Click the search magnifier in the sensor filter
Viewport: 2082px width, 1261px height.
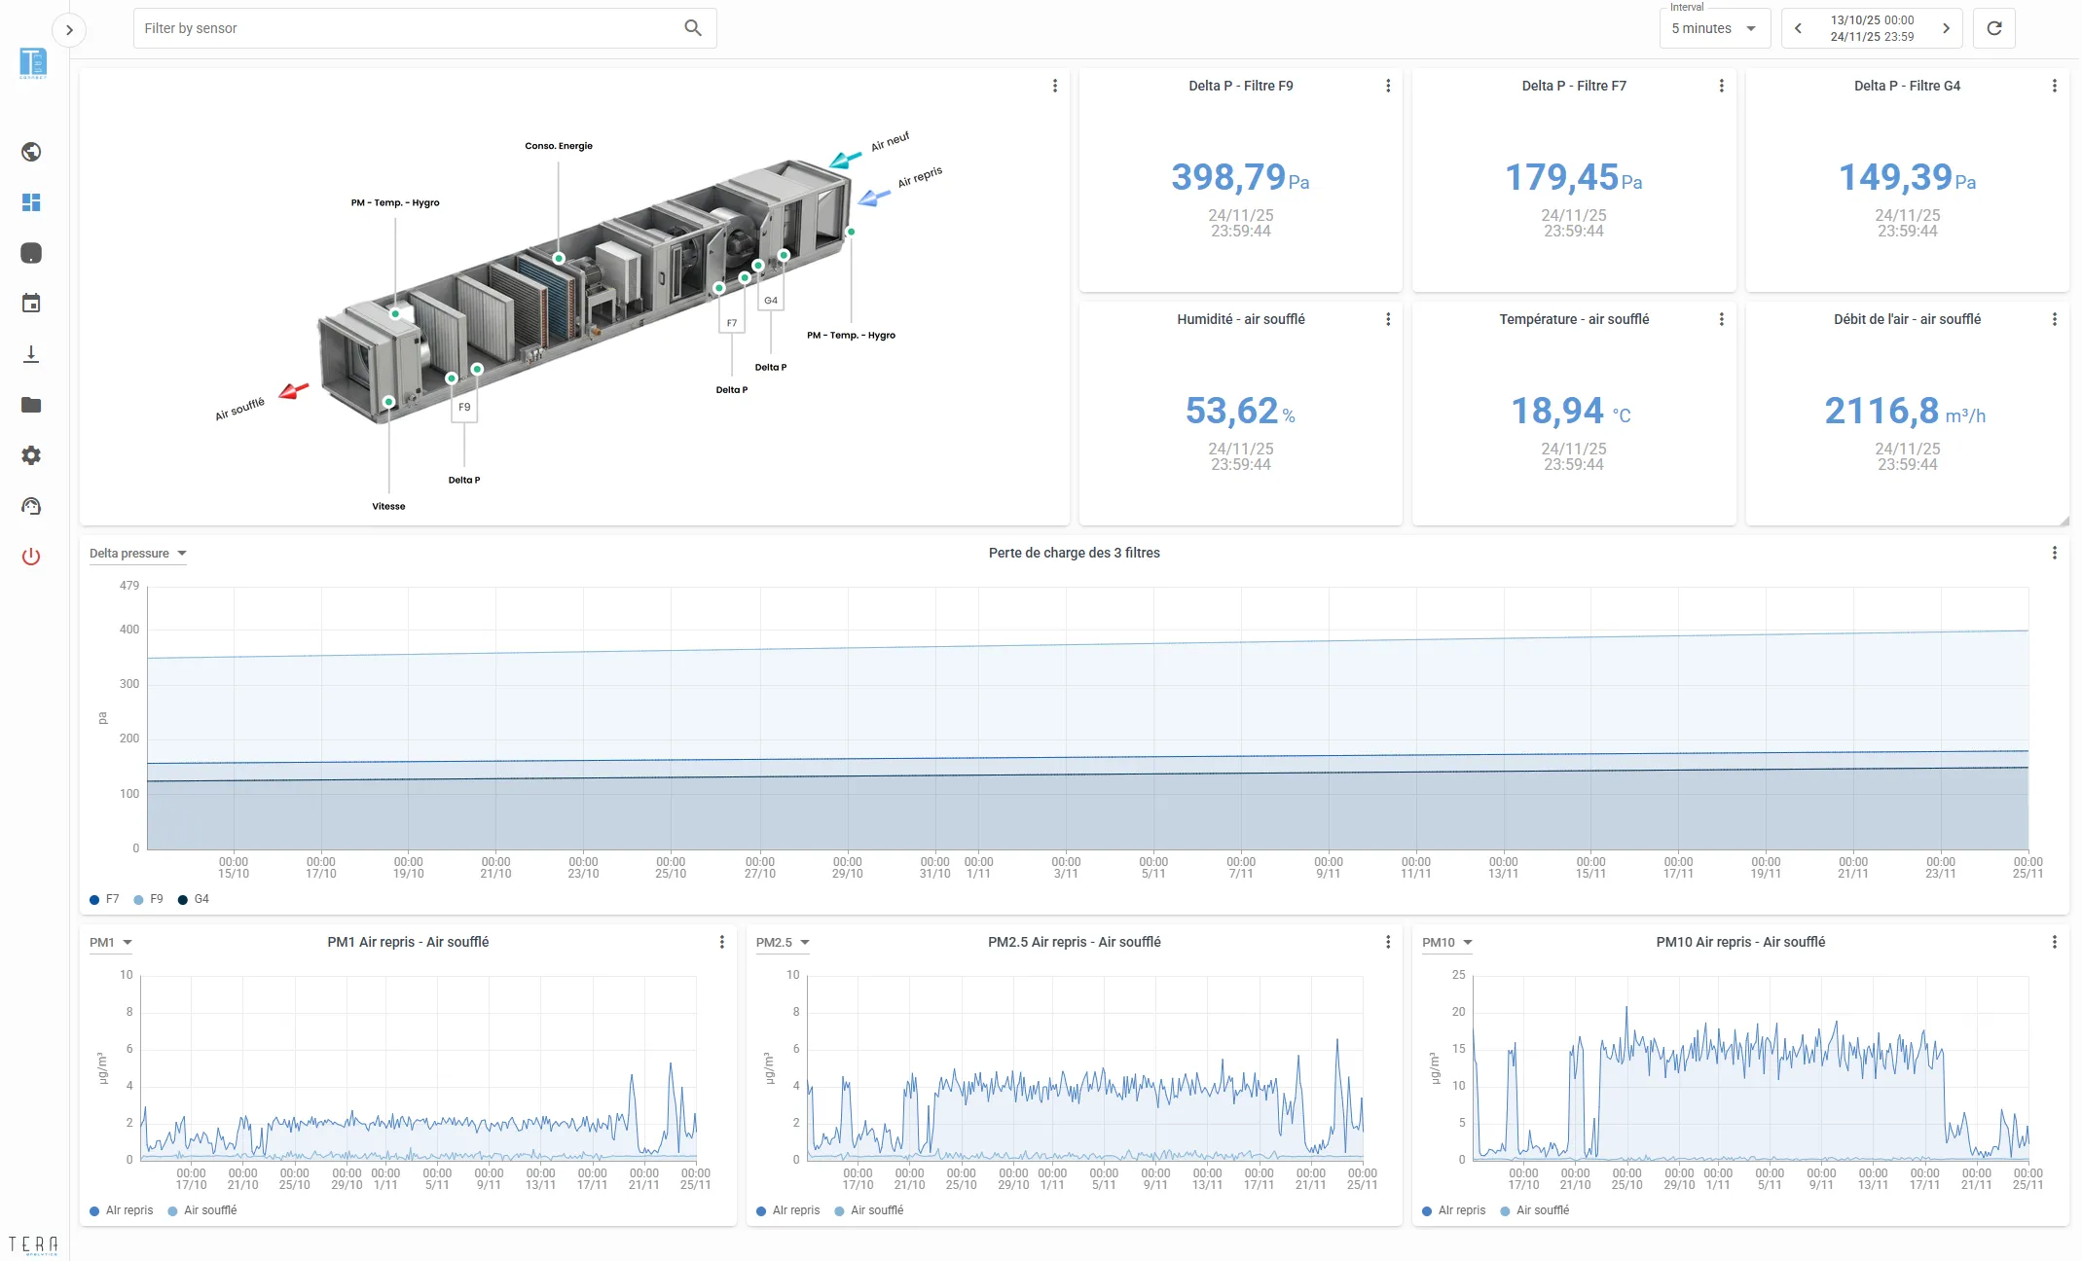693,28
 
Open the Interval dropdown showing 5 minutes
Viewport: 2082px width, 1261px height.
1714,28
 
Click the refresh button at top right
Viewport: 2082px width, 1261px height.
1994,28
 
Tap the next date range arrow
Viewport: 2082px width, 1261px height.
1946,28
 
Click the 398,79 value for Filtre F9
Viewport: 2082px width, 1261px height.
1228,177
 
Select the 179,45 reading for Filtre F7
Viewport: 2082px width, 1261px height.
1561,177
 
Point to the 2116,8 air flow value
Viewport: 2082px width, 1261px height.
1881,411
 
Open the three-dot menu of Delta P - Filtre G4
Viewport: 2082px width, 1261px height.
2055,86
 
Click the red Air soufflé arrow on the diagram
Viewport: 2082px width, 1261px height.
294,391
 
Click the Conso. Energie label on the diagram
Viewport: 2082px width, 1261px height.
559,146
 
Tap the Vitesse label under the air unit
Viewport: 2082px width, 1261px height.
388,506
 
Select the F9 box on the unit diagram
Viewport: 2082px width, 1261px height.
464,408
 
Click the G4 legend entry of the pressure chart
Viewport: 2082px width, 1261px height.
194,899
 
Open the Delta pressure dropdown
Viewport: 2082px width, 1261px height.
137,554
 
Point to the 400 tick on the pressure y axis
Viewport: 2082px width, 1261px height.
129,630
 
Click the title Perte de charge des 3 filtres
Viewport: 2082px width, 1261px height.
1075,553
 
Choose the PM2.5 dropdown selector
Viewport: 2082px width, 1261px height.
783,943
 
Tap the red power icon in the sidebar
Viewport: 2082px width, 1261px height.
31,557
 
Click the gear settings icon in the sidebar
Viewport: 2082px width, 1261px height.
31,455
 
